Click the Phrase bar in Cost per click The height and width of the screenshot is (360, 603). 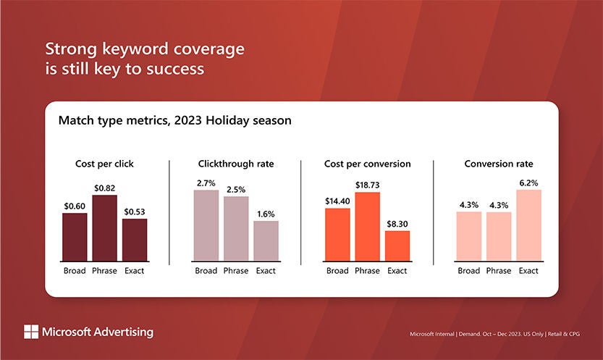click(x=104, y=228)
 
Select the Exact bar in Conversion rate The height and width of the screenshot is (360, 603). click(x=528, y=225)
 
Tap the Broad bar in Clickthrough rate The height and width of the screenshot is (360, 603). click(x=206, y=225)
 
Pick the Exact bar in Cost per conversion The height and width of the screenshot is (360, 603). click(x=397, y=246)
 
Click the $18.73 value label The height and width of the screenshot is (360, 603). click(x=367, y=185)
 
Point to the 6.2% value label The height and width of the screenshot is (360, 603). click(x=528, y=183)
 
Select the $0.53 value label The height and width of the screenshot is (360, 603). click(x=135, y=212)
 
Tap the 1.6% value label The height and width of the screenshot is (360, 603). click(x=266, y=214)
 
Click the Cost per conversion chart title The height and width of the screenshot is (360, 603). click(x=367, y=164)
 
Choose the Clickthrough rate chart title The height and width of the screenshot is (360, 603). click(x=236, y=164)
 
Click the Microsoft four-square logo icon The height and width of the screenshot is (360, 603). click(x=31, y=332)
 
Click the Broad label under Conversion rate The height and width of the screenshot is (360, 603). click(x=469, y=271)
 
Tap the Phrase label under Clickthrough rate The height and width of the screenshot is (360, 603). click(x=236, y=271)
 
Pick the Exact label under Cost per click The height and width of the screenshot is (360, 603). click(x=135, y=271)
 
